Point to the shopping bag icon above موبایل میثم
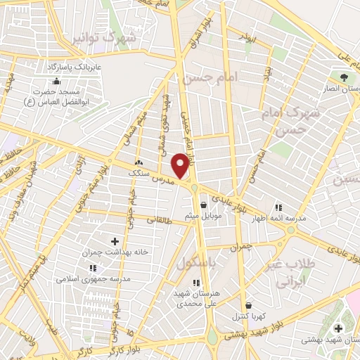(x=203, y=206)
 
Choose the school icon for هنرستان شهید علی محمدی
(x=196, y=283)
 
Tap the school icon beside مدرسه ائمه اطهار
(x=278, y=207)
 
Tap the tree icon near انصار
(x=344, y=77)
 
